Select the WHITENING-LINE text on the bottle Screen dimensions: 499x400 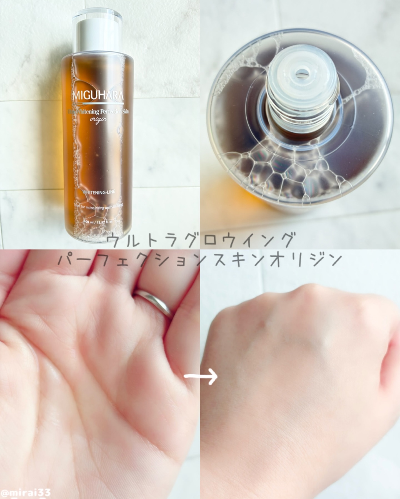[99, 192]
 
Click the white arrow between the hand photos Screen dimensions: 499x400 [201, 376]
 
